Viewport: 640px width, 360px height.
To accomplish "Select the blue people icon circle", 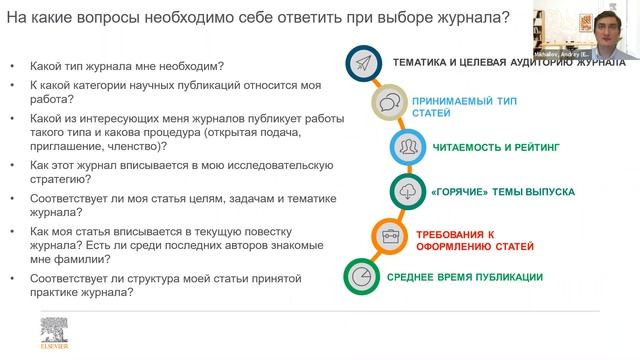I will click(x=408, y=146).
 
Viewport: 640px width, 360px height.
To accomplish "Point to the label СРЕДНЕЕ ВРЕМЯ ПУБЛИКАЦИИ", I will click(x=467, y=277).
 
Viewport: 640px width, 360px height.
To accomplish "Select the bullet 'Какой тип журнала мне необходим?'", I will click(x=127, y=67).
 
